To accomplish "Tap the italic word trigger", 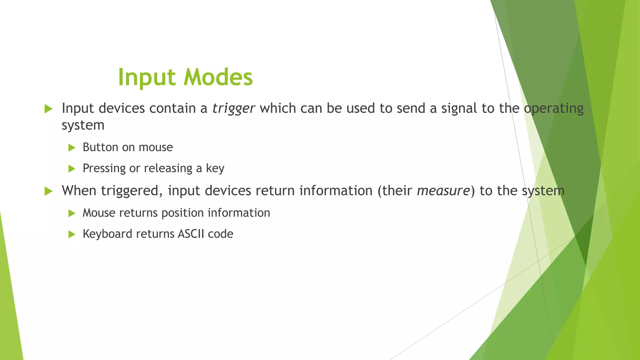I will (233, 109).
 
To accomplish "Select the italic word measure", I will (443, 191).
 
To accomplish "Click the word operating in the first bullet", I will (553, 109).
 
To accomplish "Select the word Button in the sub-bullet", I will (100, 147).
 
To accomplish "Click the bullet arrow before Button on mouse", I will (72, 147).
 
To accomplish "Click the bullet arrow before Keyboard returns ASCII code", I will (72, 234).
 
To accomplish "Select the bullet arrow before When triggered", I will (48, 191).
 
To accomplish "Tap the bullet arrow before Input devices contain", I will (48, 109).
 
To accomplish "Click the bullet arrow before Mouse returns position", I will (72, 213).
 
